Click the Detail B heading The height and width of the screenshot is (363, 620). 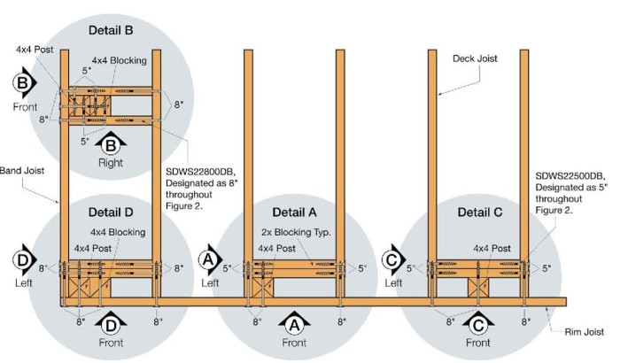[112, 31]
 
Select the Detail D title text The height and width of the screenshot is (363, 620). [112, 212]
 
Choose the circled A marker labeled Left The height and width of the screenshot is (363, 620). [209, 259]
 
